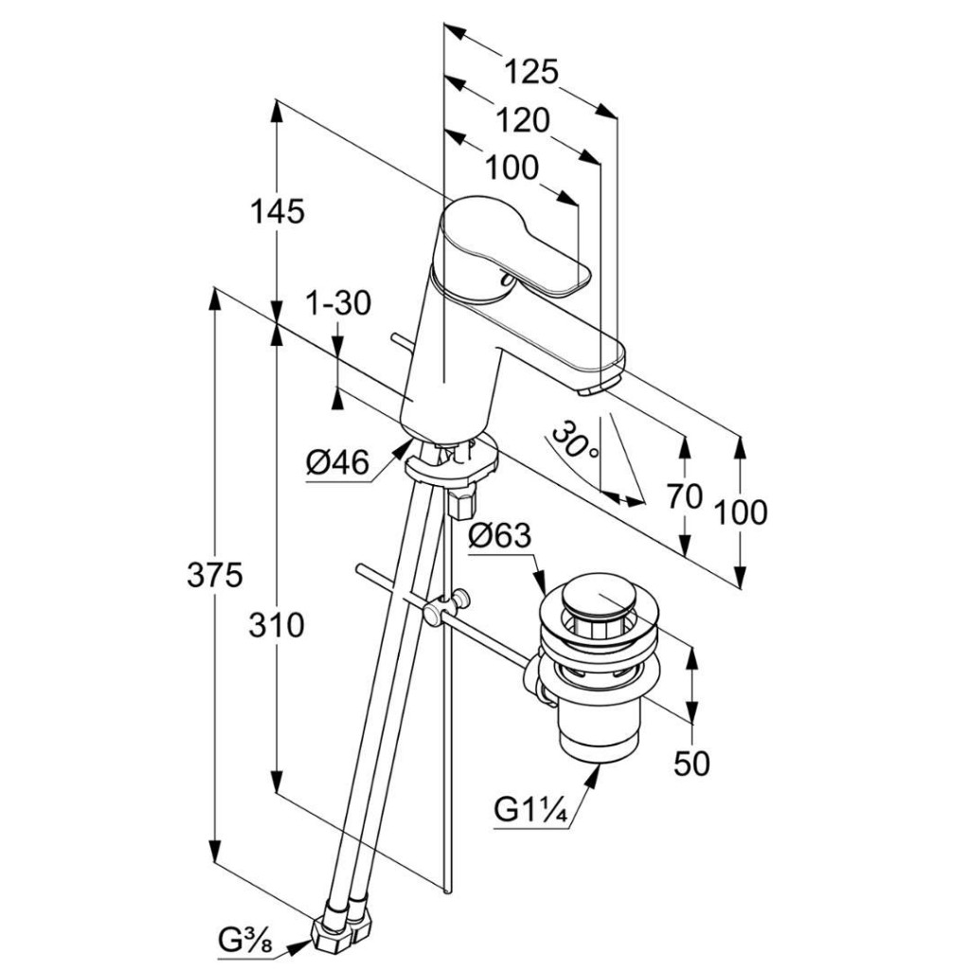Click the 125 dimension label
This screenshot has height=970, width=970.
(x=530, y=71)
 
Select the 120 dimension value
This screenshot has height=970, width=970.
(x=522, y=119)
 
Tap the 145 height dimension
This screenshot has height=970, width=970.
(x=278, y=211)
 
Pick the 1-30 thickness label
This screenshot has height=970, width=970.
(x=338, y=303)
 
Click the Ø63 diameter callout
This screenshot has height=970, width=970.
(x=499, y=536)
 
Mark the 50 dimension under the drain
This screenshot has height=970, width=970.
(x=692, y=763)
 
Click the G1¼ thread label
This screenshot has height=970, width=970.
(x=530, y=811)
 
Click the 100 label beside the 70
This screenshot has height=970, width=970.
(x=741, y=512)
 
